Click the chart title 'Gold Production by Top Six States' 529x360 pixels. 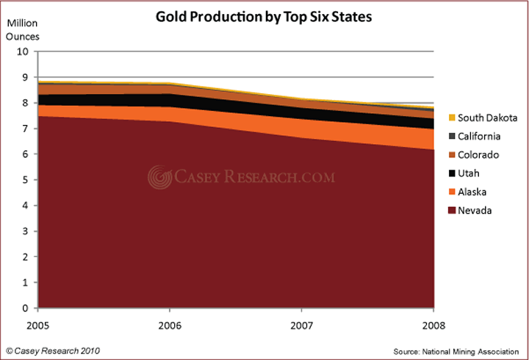264,16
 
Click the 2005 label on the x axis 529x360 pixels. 40,324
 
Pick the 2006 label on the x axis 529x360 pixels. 170,324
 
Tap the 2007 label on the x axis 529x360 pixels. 302,324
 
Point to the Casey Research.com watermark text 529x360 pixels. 254,177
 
